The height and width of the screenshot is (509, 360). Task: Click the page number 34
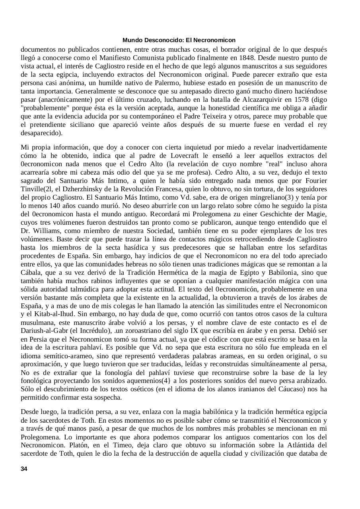(x=24, y=469)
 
